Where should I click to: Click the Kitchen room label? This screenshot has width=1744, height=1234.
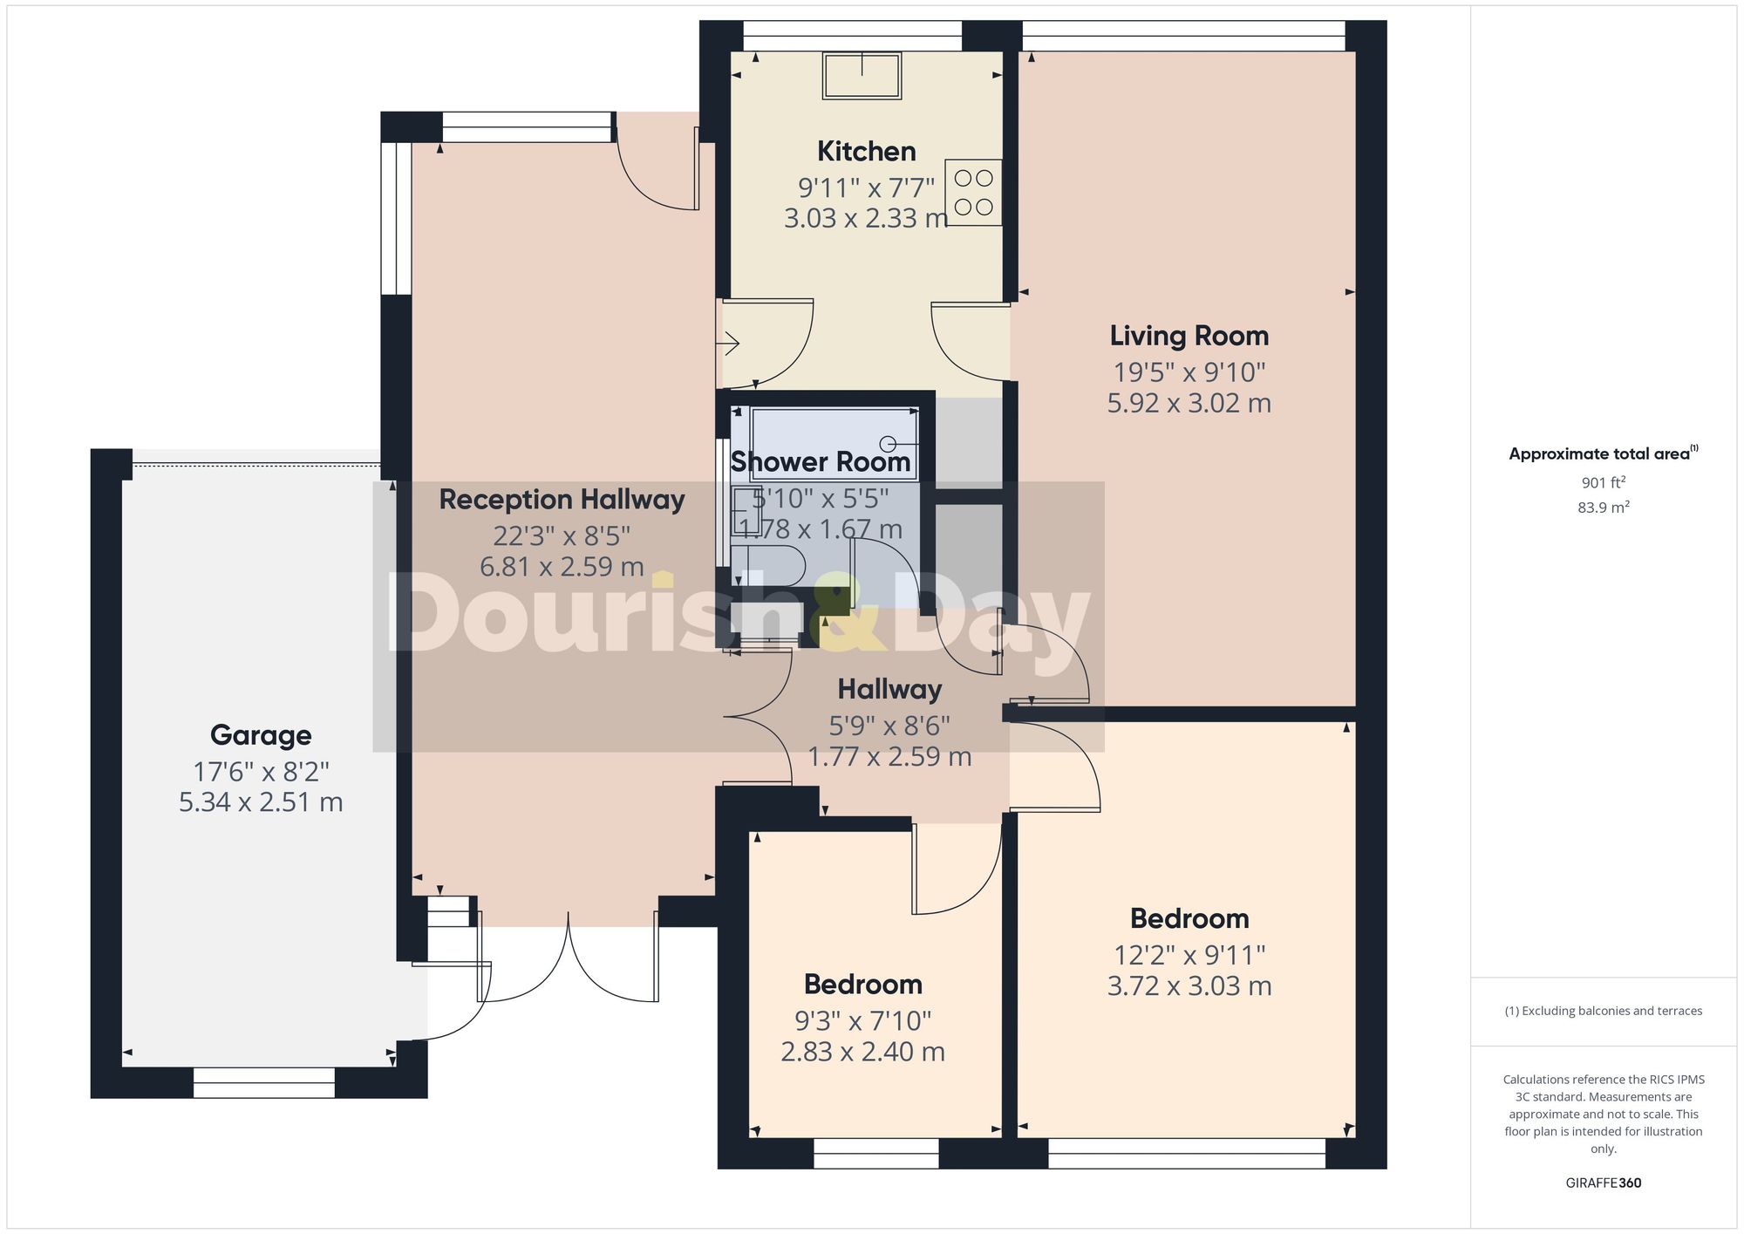pyautogui.click(x=866, y=151)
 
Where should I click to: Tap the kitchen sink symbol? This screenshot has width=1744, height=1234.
pyautogui.click(x=862, y=75)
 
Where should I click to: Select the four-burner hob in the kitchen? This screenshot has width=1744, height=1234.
pyautogui.click(x=973, y=193)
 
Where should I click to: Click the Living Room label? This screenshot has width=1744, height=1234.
pyautogui.click(x=1189, y=336)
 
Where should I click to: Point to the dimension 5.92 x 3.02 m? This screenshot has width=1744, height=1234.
pyautogui.click(x=1189, y=403)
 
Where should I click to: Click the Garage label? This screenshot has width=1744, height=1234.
pyautogui.click(x=261, y=735)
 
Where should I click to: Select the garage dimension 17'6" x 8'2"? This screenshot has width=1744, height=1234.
pyautogui.click(x=261, y=772)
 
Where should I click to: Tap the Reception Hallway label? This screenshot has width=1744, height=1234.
pyautogui.click(x=562, y=500)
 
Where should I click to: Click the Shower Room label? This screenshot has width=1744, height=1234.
pyautogui.click(x=820, y=462)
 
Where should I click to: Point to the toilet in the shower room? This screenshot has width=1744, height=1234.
pyautogui.click(x=767, y=565)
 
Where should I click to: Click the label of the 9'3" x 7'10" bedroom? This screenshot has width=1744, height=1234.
pyautogui.click(x=862, y=984)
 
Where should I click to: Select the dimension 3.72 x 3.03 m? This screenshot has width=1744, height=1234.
pyautogui.click(x=1189, y=986)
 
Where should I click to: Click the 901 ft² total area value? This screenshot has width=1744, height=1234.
pyautogui.click(x=1603, y=482)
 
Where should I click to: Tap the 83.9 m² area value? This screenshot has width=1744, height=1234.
pyautogui.click(x=1603, y=508)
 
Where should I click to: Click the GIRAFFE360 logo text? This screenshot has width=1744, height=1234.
pyautogui.click(x=1603, y=1183)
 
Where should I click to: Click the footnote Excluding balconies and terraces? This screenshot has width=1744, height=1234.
pyautogui.click(x=1603, y=1011)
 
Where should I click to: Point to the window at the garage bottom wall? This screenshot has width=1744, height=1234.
pyautogui.click(x=263, y=1082)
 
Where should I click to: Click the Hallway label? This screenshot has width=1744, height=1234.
pyautogui.click(x=889, y=690)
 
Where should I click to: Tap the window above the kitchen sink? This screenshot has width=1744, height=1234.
pyautogui.click(x=852, y=36)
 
